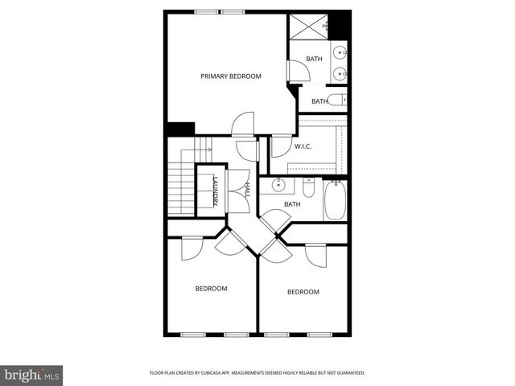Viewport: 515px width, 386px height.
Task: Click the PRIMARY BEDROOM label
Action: click(231, 76)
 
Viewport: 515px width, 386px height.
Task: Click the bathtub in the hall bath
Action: click(335, 199)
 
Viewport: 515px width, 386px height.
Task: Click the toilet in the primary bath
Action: click(340, 101)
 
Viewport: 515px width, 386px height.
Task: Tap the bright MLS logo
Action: click(32, 375)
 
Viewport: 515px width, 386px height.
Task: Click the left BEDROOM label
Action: click(211, 288)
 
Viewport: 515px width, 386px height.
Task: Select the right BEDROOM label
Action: click(303, 292)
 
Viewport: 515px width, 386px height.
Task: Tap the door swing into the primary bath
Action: click(298, 71)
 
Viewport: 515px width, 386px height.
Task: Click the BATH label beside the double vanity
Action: click(314, 58)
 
